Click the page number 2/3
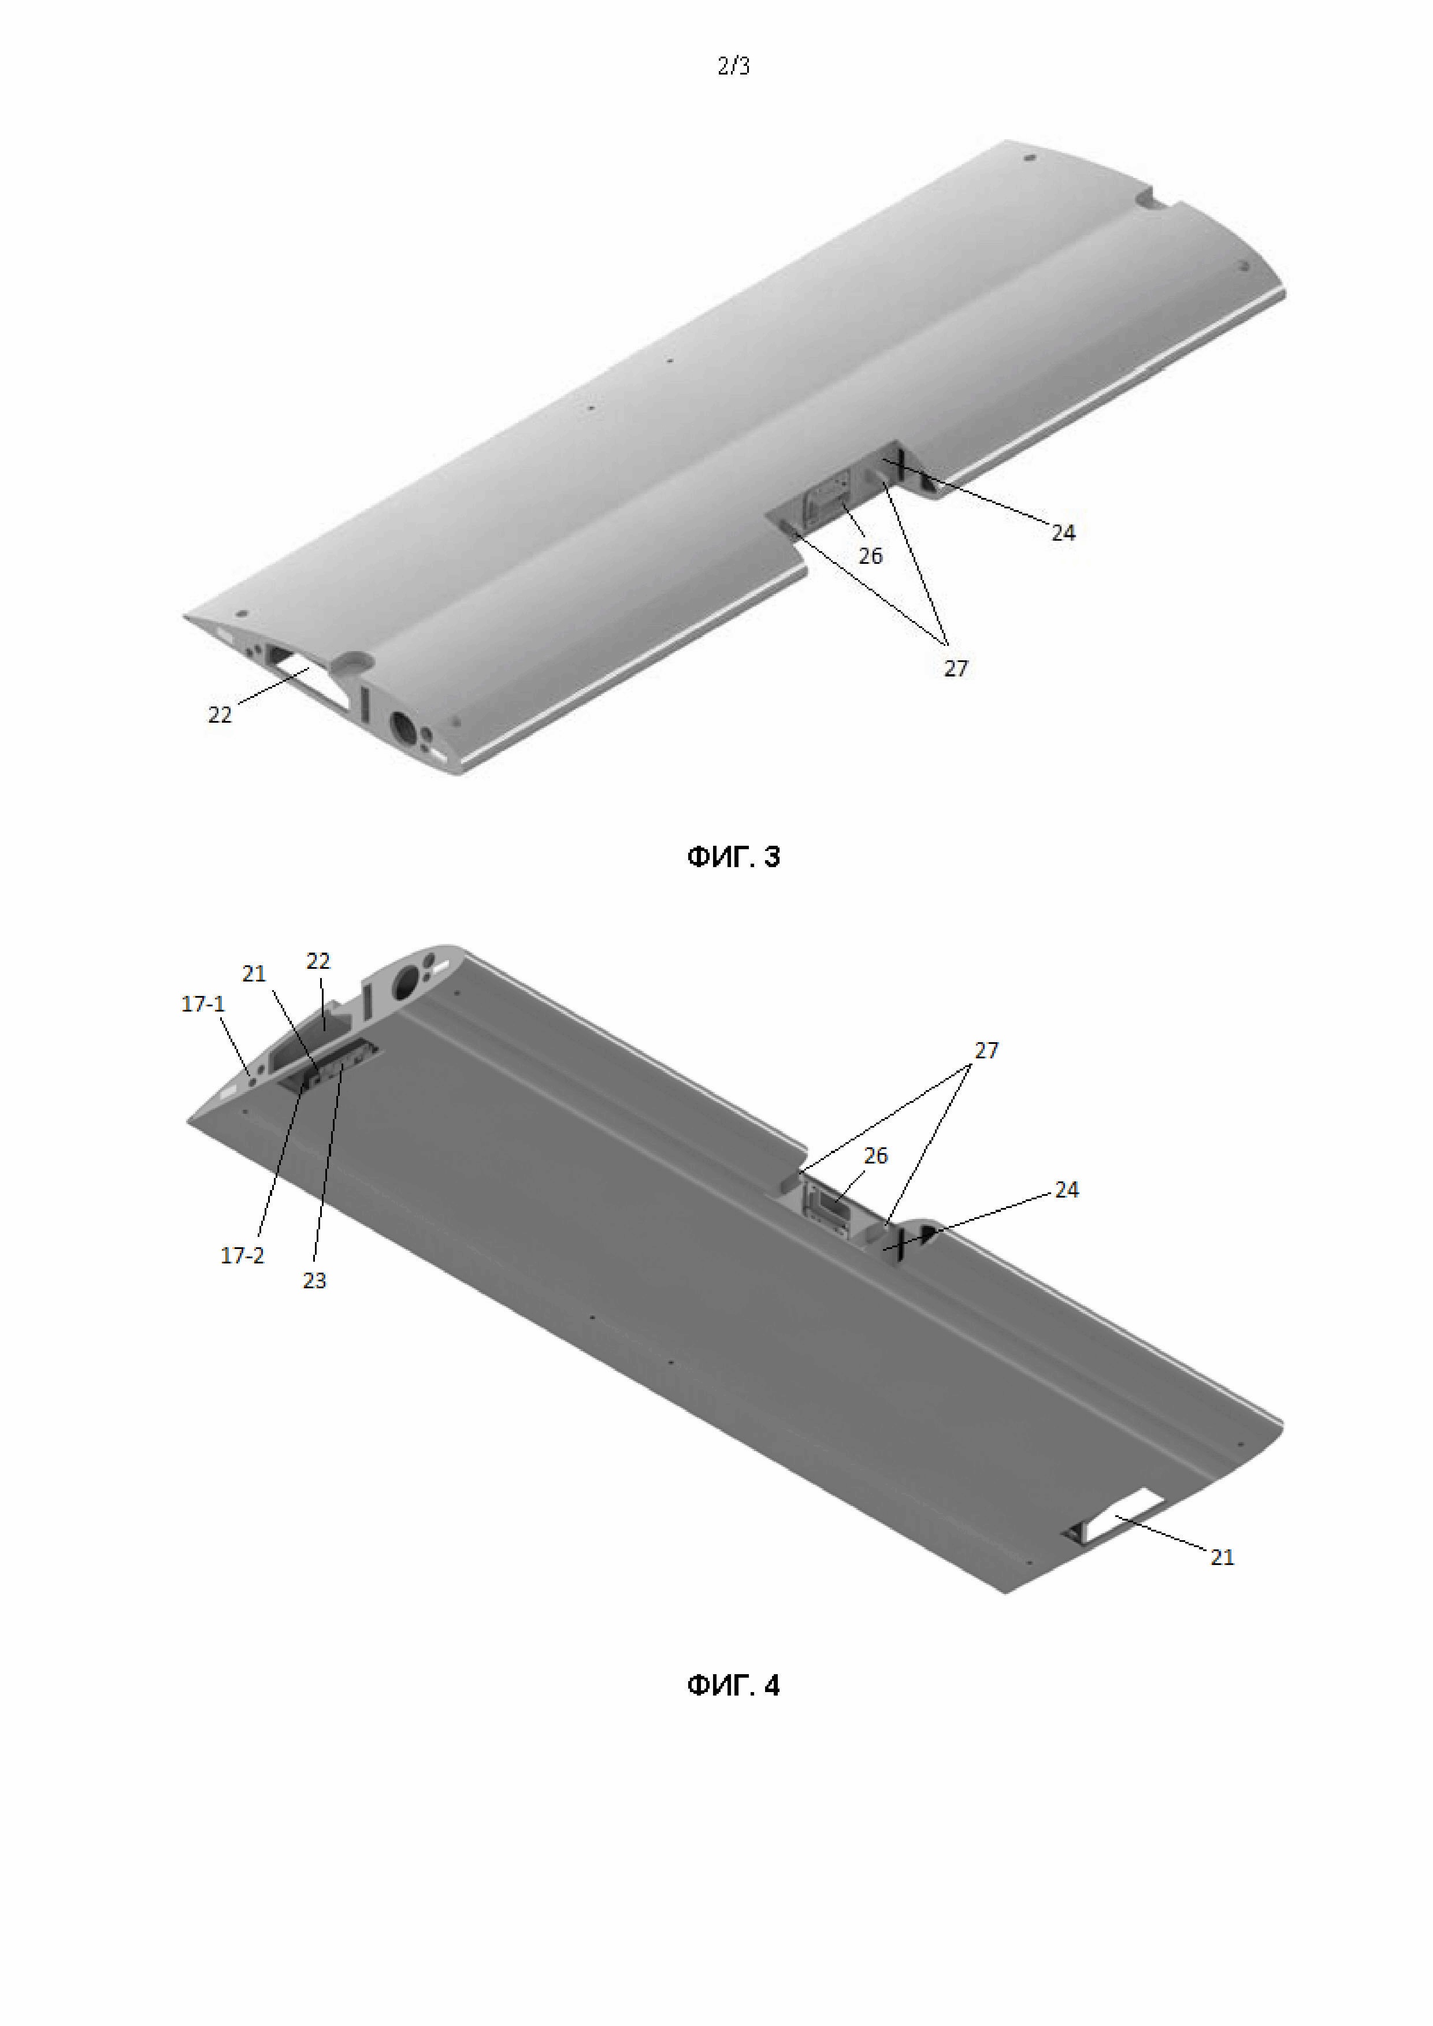tap(733, 66)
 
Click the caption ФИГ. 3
tap(733, 857)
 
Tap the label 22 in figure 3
tap(220, 715)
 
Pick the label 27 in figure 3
tap(956, 669)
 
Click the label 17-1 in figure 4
tap(203, 1003)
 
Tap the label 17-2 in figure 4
tap(242, 1256)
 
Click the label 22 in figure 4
tap(318, 961)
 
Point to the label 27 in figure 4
tap(986, 1050)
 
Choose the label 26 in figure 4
tap(875, 1156)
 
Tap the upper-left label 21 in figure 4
tap(254, 973)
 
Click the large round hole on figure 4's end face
tap(408, 979)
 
